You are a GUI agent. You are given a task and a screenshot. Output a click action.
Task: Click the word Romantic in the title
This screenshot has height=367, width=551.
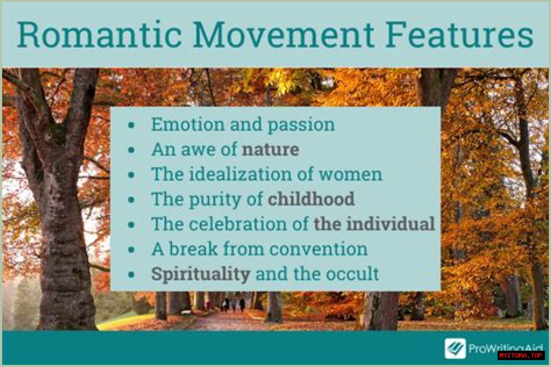coord(99,35)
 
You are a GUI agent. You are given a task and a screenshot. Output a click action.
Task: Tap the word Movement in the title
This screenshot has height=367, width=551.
coord(284,35)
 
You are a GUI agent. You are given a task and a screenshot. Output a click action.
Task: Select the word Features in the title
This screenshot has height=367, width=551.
coord(459,35)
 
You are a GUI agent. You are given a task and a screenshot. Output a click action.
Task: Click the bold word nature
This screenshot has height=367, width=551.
coord(270,149)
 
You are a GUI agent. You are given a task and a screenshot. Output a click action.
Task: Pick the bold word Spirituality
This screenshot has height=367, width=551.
coord(201,274)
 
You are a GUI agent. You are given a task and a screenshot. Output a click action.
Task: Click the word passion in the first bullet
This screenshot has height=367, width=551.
coord(301,125)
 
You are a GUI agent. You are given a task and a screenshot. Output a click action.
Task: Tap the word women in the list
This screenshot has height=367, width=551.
coord(350,175)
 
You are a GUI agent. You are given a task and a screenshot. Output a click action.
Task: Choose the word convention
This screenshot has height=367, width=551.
coord(318,249)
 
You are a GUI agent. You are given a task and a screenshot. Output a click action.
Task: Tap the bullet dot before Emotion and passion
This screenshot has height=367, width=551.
coord(132,125)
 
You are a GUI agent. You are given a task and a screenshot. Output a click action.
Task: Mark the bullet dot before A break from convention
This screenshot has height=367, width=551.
coord(132,250)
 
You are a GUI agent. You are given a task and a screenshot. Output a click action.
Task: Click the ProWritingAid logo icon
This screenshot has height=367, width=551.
coord(455,348)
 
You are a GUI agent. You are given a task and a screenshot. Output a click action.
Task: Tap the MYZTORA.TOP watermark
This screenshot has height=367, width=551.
coord(521,355)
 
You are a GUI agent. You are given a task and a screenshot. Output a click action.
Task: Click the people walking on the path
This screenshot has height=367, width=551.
coord(233,305)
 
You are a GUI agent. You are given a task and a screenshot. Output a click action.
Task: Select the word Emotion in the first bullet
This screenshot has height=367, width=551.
coord(188,124)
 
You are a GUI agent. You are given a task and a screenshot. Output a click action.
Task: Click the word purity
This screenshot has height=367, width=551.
coord(215,200)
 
